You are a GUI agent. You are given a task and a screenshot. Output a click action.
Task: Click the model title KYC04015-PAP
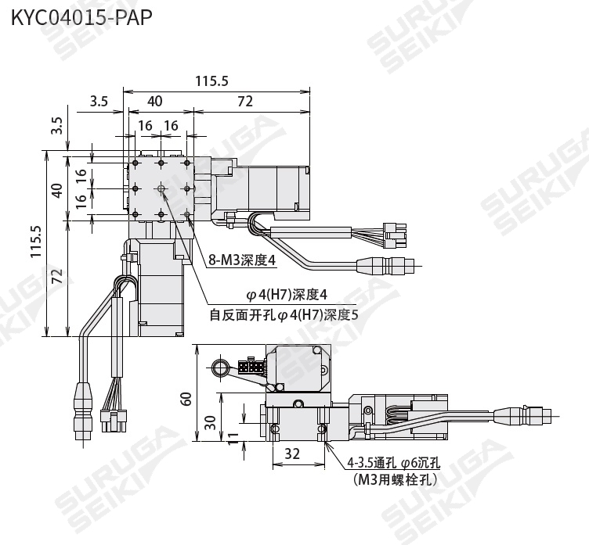[81, 17]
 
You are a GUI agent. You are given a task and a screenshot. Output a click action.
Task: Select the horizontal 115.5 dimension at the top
[211, 81]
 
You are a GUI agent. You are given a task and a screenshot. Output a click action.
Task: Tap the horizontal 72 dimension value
[245, 102]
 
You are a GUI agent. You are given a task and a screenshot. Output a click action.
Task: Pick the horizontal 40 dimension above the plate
[155, 101]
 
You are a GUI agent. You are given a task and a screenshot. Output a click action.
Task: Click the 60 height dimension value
[186, 399]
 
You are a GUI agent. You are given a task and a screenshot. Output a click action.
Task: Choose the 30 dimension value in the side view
[211, 423]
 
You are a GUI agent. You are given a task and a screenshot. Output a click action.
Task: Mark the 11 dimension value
[233, 438]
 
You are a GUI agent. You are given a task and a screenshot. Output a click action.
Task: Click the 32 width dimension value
[292, 454]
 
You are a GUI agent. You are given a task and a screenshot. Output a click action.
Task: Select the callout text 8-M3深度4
[242, 260]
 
